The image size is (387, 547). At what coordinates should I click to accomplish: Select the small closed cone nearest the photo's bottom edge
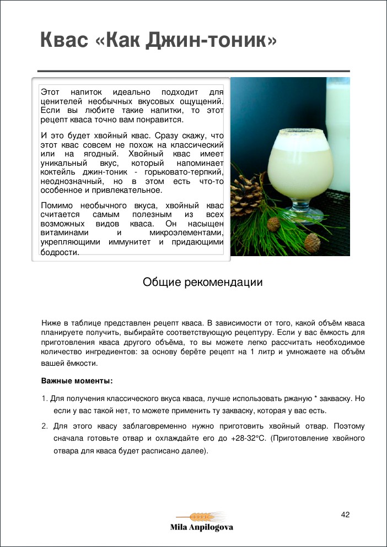click(313, 242)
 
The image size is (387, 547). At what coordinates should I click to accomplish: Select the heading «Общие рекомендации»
click(202, 283)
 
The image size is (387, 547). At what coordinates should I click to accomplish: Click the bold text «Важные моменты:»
click(77, 381)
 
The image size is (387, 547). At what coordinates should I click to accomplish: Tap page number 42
click(346, 514)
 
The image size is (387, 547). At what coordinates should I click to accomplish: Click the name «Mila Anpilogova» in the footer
click(201, 528)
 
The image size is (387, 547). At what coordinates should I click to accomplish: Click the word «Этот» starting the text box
click(51, 92)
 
